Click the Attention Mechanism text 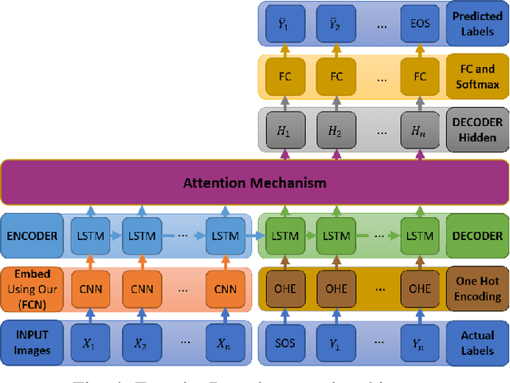click(x=256, y=183)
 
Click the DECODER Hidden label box click(x=477, y=129)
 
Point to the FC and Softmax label click(x=477, y=76)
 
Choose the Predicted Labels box click(x=477, y=22)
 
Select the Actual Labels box click(x=477, y=342)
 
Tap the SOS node click(x=284, y=342)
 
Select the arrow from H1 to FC click(x=284, y=102)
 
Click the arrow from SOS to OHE click(x=284, y=316)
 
